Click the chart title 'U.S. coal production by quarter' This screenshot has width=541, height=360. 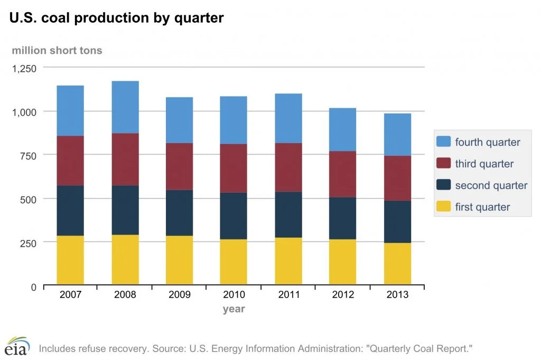[116, 18]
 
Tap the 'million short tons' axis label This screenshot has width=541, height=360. [57, 51]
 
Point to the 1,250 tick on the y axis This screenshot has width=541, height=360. [24, 68]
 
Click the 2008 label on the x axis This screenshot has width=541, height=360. [125, 295]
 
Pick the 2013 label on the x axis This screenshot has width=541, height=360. [397, 295]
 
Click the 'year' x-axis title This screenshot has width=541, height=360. [234, 309]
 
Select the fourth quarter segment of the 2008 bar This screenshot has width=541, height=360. [125, 107]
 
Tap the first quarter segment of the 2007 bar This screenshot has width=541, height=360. [70, 260]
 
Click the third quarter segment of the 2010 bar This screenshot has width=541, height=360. [234, 168]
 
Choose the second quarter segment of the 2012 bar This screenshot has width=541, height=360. [342, 218]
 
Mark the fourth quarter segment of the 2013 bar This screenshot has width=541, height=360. [397, 135]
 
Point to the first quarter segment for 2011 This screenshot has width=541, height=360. [288, 261]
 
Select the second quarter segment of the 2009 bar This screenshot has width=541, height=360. [179, 213]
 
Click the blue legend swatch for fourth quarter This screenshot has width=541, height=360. [444, 142]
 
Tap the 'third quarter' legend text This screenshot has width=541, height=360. [484, 164]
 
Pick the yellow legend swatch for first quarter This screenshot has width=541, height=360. [444, 206]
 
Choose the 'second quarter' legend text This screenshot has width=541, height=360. [491, 185]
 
